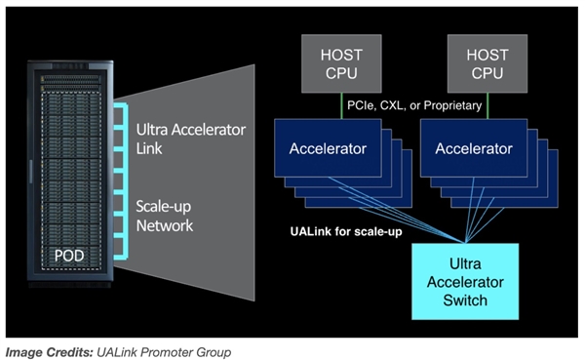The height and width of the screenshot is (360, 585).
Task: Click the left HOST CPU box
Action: (341, 64)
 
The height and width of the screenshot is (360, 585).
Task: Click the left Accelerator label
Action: (329, 149)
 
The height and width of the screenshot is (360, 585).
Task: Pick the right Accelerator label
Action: (473, 149)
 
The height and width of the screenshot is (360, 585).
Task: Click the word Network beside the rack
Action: (166, 225)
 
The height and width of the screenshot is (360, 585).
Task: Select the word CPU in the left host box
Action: (341, 74)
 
